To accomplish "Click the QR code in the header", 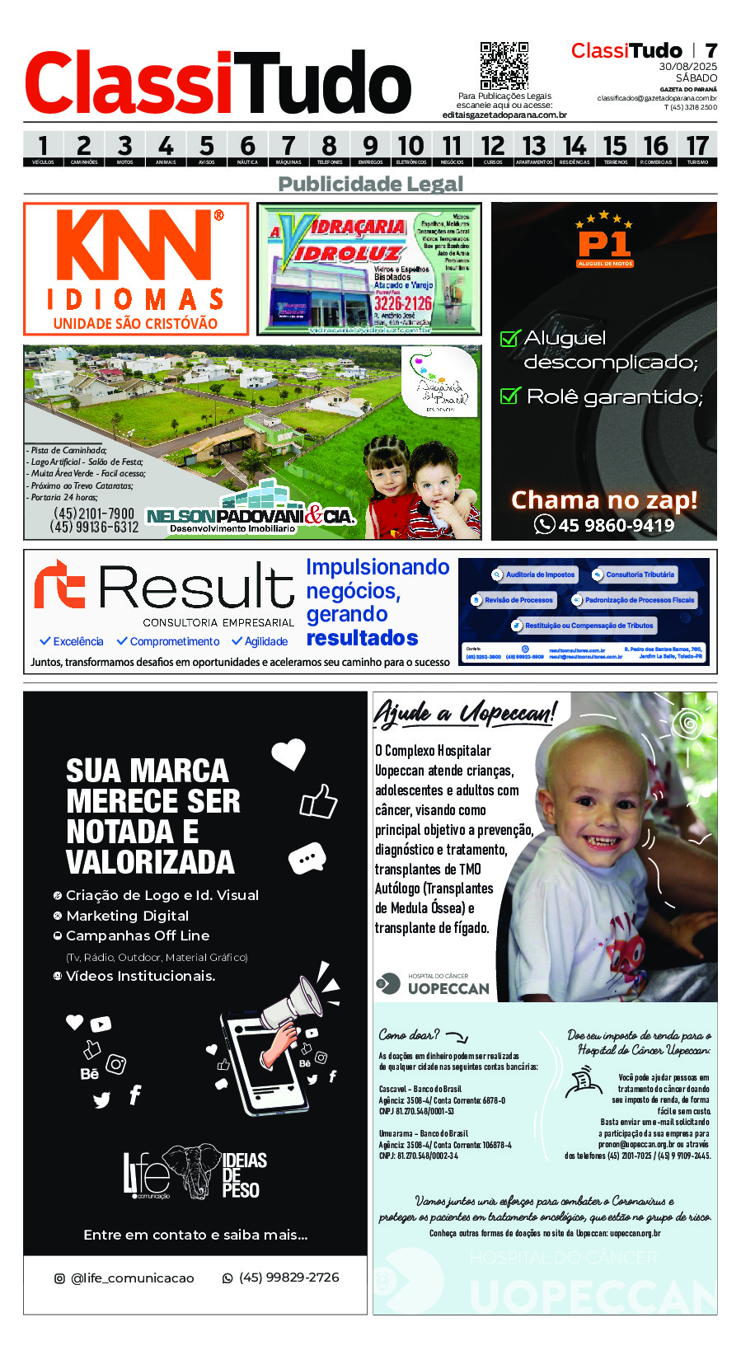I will click(504, 66).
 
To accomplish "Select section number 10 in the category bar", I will click(411, 148).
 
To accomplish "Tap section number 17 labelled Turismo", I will click(697, 148).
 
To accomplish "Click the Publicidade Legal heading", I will click(371, 184).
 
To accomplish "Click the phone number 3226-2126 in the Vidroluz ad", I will click(402, 303).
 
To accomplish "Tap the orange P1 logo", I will click(604, 244).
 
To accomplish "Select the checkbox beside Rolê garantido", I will click(510, 396).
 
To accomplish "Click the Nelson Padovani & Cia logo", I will click(250, 517).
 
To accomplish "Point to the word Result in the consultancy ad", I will click(196, 588).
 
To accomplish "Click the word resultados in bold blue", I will click(362, 638).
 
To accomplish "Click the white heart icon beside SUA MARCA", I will click(288, 753).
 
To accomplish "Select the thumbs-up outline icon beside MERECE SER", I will click(319, 801).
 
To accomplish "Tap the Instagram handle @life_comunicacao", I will click(132, 1278).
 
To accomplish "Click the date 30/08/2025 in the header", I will click(687, 67).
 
